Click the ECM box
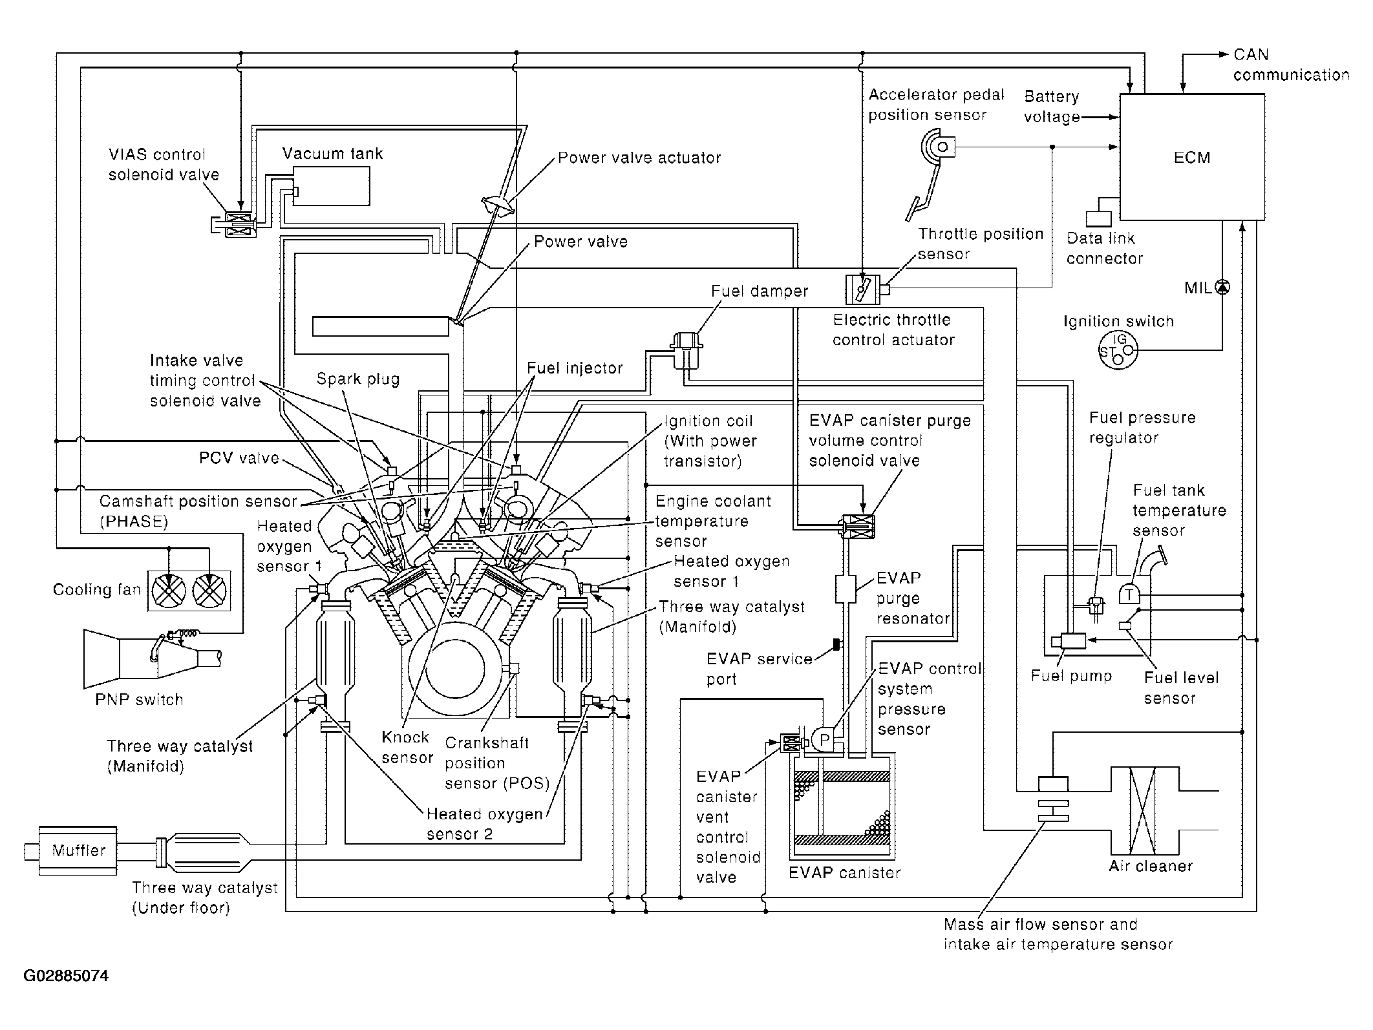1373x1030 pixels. point(1192,157)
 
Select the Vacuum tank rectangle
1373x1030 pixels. point(332,186)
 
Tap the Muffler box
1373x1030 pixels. point(78,850)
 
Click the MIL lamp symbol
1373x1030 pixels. point(1222,288)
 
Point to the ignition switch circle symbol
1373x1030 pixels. point(1118,351)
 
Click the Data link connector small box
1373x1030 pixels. point(1098,219)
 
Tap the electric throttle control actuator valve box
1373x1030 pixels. point(862,289)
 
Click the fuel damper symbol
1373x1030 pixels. point(687,350)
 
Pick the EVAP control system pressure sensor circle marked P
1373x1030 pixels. point(824,739)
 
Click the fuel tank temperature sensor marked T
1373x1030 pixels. point(1129,593)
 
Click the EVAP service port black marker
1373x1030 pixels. point(836,644)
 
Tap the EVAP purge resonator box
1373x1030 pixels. point(846,589)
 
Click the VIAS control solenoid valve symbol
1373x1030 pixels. point(233,225)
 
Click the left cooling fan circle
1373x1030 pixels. point(169,591)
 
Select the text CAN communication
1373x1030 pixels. point(1291,65)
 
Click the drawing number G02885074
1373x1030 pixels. point(66,976)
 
